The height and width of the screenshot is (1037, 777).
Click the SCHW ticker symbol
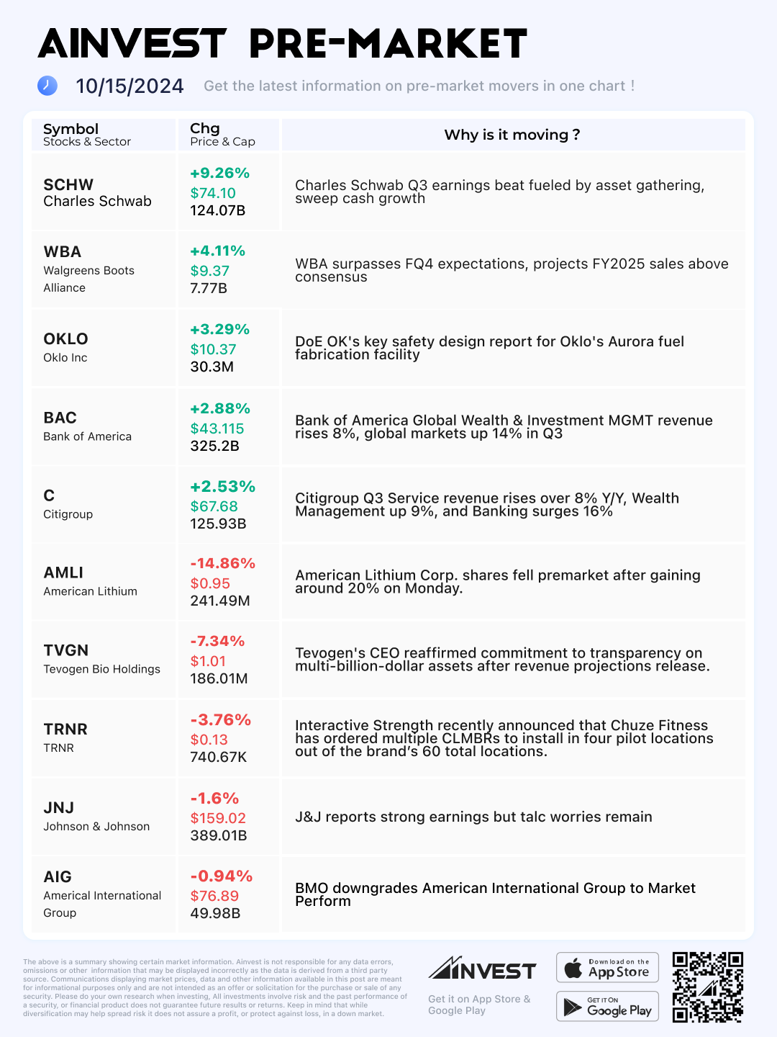(68, 184)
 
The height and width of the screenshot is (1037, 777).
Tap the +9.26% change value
(219, 173)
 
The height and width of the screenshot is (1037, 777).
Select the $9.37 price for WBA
(209, 271)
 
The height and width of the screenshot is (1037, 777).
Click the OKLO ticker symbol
(65, 338)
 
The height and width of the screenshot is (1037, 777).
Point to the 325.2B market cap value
(214, 446)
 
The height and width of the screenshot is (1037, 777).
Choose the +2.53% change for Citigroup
(222, 486)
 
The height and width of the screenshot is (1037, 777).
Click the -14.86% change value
(222, 563)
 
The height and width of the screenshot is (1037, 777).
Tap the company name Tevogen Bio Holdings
(101, 669)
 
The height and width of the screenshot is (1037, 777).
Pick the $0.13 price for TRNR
(209, 740)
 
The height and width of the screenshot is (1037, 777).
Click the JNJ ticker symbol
(58, 807)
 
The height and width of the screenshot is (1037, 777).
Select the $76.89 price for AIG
(214, 896)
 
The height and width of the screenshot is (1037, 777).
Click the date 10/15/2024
(129, 86)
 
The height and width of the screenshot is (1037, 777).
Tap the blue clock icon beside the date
(47, 86)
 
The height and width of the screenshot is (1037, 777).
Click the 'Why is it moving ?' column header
(512, 135)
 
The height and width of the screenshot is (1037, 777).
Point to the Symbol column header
(71, 129)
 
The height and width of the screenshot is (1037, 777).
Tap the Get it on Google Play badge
(607, 1006)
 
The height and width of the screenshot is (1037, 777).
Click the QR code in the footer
(707, 987)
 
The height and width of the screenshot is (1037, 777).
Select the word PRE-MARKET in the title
(388, 44)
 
